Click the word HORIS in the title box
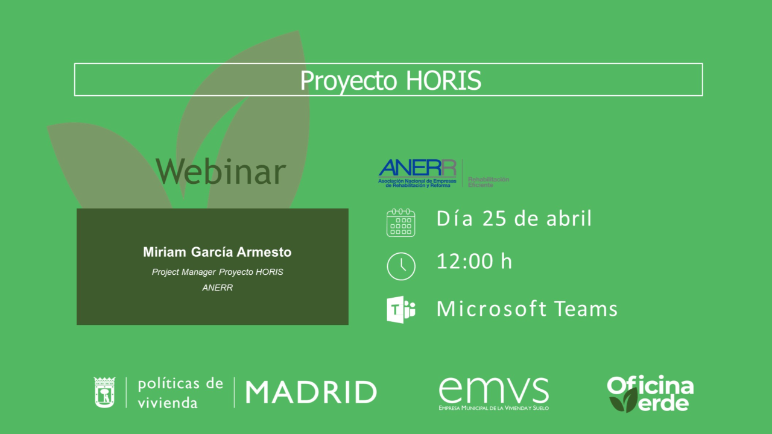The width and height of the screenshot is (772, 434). pos(443,80)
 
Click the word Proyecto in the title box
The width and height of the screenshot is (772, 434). pos(349,81)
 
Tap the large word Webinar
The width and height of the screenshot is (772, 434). pos(221,171)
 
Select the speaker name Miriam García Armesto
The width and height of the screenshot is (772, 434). pos(217,252)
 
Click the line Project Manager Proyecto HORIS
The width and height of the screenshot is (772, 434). pos(218,272)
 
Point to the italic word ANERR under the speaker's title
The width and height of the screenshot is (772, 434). pos(218,288)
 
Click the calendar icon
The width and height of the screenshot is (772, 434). pos(401,222)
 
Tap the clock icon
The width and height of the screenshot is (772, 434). pos(401,266)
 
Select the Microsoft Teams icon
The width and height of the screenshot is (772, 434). pos(401,309)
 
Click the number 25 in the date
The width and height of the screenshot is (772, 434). pos(494,218)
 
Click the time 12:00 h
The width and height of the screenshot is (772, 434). pos(474,261)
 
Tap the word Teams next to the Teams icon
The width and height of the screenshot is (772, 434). pos(586,308)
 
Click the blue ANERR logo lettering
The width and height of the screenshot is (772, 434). pos(417,168)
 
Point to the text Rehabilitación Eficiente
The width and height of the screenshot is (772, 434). pos(489,182)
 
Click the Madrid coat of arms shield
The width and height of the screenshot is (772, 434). pos(104,392)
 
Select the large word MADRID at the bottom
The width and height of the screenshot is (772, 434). pos(311,392)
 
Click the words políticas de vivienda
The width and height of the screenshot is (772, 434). pos(180,393)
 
